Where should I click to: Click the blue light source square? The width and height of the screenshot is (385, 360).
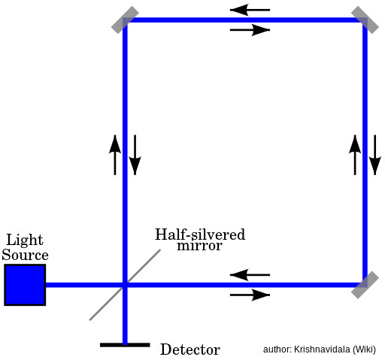click(x=25, y=285)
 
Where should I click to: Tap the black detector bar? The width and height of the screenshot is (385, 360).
click(x=125, y=345)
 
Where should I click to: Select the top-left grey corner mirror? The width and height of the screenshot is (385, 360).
click(x=125, y=20)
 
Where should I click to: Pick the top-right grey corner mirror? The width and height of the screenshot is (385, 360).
click(x=365, y=20)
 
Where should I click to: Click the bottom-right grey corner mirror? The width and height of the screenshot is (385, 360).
click(x=365, y=285)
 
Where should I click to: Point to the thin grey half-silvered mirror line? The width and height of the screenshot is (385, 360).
click(x=125, y=285)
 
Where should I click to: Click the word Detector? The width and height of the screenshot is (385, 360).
click(x=190, y=349)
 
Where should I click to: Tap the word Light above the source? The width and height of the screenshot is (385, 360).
click(x=25, y=240)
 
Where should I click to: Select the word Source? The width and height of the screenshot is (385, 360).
click(x=25, y=255)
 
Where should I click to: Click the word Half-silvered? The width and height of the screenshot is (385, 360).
click(x=200, y=234)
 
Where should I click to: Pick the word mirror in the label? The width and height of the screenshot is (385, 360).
click(x=199, y=246)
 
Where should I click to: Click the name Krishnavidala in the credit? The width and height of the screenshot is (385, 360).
click(x=323, y=349)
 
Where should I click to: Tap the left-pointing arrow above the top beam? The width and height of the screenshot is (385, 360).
click(x=250, y=10)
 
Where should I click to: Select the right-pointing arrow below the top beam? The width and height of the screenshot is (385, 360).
click(x=250, y=30)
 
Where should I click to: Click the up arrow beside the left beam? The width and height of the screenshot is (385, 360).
click(x=115, y=155)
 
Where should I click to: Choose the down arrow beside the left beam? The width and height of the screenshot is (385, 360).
click(x=135, y=155)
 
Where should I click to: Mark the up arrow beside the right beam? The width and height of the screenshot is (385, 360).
click(x=355, y=155)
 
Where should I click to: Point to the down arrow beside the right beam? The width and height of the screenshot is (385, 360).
click(x=375, y=155)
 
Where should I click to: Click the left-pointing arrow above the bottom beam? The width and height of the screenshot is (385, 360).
click(x=250, y=275)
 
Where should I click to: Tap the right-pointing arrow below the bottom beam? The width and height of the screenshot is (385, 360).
click(x=250, y=295)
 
